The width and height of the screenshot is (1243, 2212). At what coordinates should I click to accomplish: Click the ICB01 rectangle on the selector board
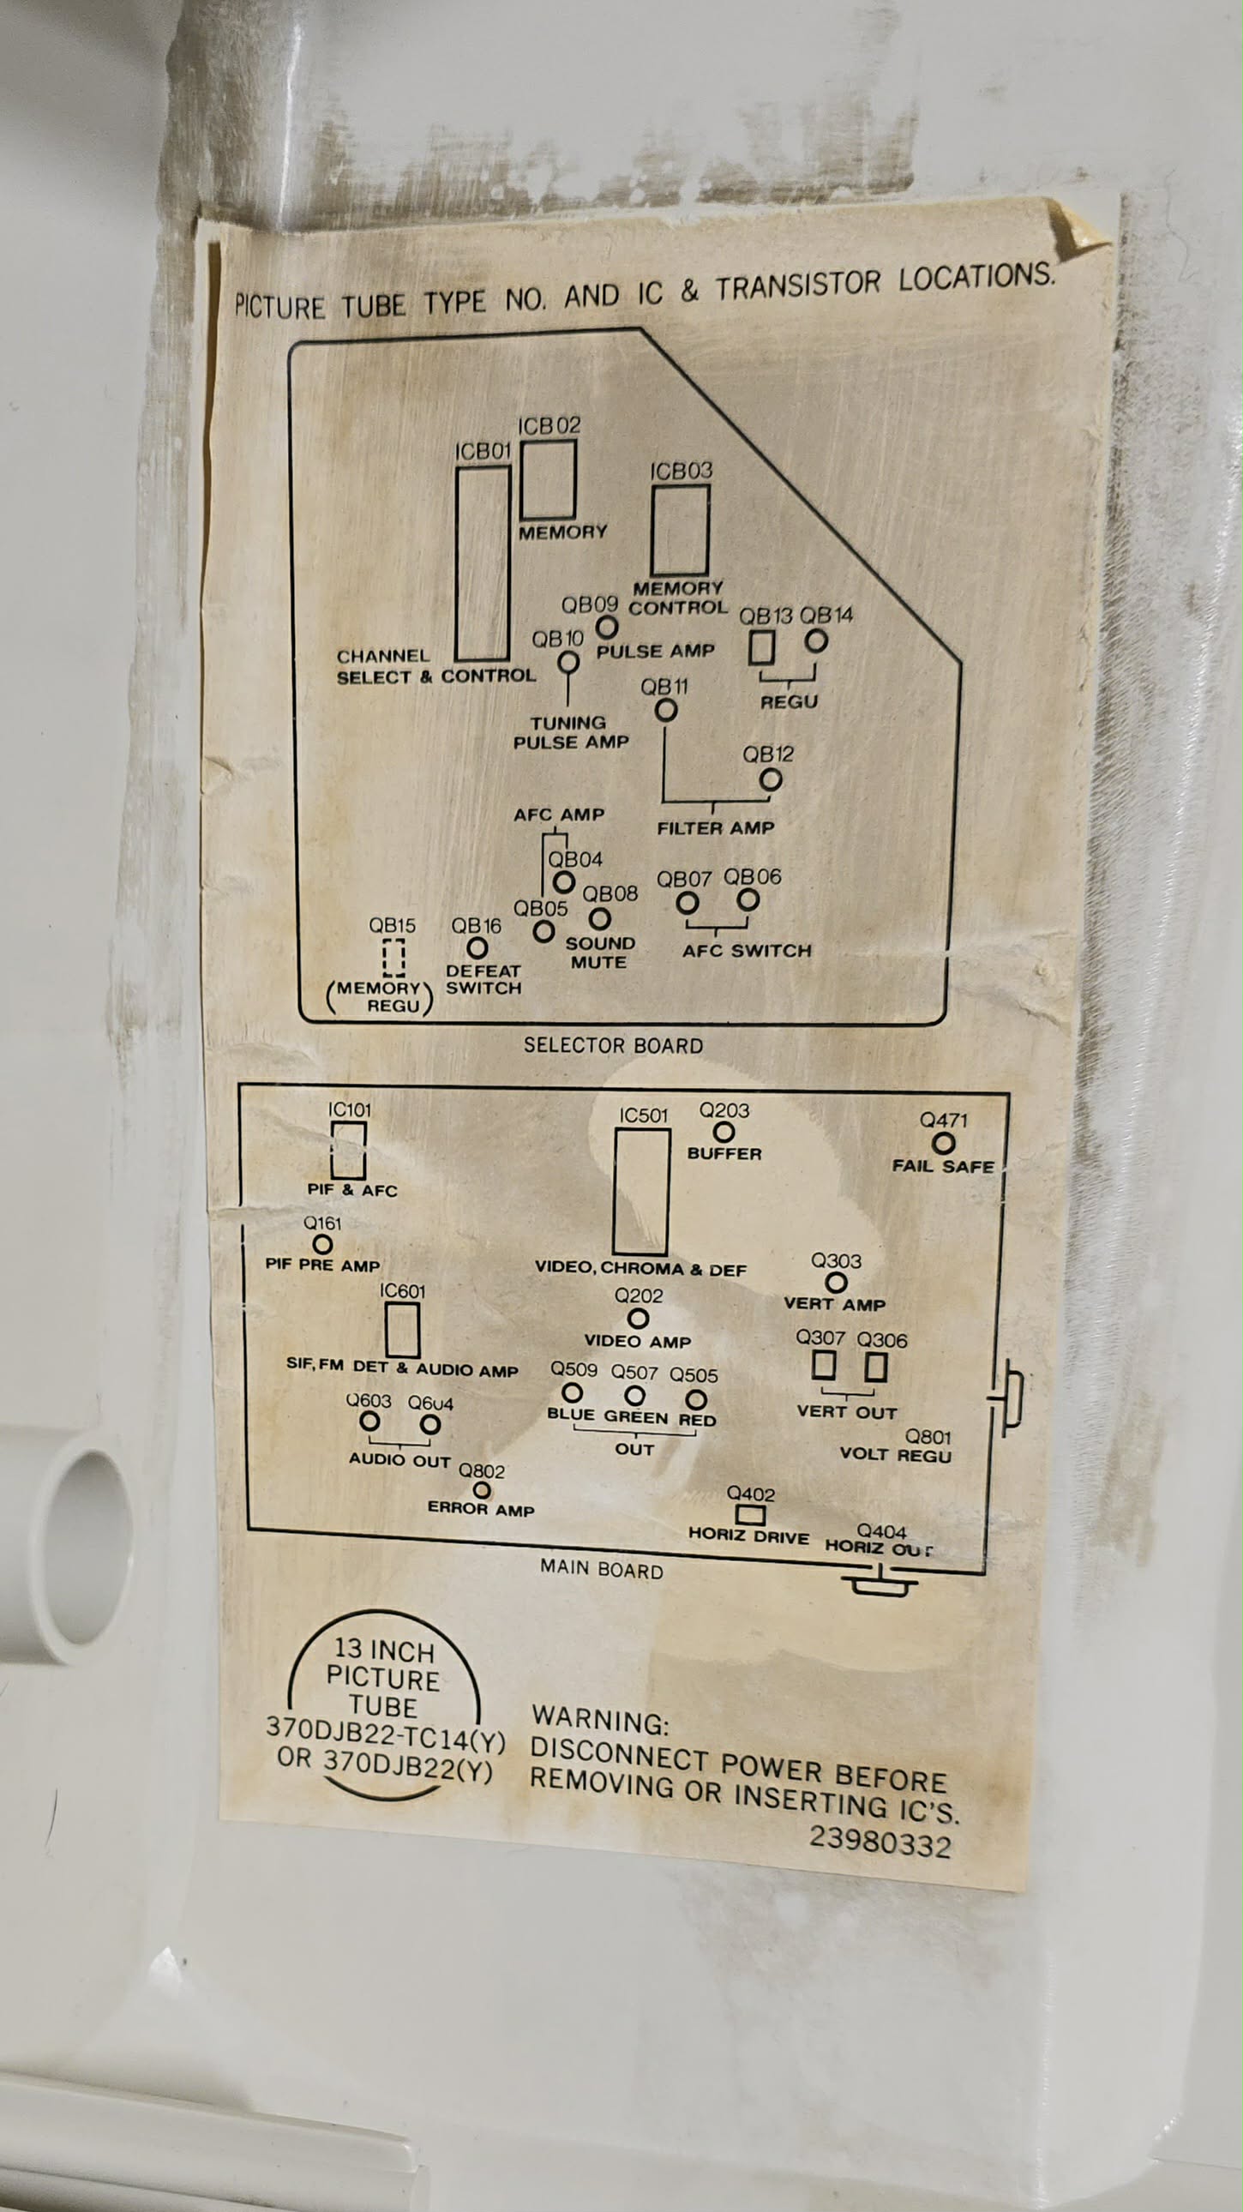(483, 563)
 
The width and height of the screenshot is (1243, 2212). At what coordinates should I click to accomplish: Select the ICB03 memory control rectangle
(680, 530)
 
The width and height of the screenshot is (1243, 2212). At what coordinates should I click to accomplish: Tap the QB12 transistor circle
(771, 779)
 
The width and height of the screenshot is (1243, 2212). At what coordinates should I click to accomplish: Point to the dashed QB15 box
(393, 958)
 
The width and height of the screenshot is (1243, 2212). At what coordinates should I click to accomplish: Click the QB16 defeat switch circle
(477, 948)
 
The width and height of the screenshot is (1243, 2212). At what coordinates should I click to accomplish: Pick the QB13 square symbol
(761, 647)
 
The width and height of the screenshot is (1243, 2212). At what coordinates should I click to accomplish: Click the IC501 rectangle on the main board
(641, 1192)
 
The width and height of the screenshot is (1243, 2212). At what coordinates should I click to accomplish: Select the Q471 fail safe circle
(944, 1143)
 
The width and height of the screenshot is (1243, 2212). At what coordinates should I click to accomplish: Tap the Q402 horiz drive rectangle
(750, 1515)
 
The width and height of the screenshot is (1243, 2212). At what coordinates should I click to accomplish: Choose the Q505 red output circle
(696, 1400)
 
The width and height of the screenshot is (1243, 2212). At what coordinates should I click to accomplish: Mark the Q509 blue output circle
(572, 1393)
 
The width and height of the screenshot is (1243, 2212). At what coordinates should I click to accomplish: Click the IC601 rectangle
(402, 1330)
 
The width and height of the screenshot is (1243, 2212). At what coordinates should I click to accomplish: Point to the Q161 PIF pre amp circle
(322, 1243)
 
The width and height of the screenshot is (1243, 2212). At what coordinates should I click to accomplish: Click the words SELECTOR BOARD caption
(613, 1045)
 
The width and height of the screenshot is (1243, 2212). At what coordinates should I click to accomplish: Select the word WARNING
(599, 1721)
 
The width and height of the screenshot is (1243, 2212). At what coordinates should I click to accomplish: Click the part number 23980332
(880, 1842)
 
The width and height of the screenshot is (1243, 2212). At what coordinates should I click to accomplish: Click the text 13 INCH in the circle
(384, 1650)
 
